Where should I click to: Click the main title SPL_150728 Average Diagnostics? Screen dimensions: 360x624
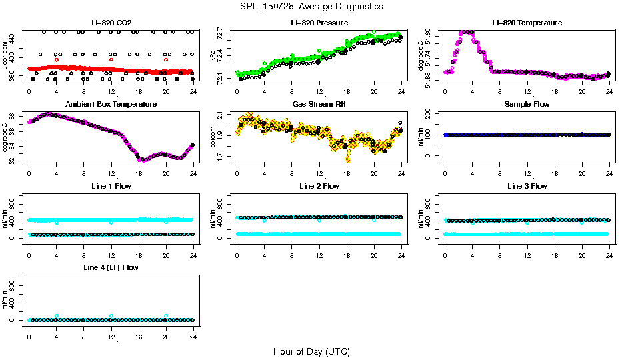coord(312,7)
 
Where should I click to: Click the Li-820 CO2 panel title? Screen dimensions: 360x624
coord(111,23)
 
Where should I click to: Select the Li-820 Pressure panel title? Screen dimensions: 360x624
coord(319,23)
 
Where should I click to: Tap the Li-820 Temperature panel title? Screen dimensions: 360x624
coord(527,23)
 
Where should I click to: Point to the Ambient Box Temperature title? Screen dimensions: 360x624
coord(111,104)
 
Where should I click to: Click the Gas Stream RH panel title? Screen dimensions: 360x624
coord(319,105)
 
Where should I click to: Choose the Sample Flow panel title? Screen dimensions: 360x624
coord(527,105)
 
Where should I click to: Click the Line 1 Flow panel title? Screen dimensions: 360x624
coord(111,186)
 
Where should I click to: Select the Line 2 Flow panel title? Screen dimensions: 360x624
coord(319,186)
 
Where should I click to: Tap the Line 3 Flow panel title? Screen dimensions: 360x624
coord(527,186)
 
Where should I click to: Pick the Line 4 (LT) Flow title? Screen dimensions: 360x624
coord(111,267)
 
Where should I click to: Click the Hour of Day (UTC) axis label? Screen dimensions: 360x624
coord(311,351)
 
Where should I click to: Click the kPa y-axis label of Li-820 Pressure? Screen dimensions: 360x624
coord(213,55)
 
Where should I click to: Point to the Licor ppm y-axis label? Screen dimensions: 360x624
coord(5,55)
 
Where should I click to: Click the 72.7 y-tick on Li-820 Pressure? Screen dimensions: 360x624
coord(221,32)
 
